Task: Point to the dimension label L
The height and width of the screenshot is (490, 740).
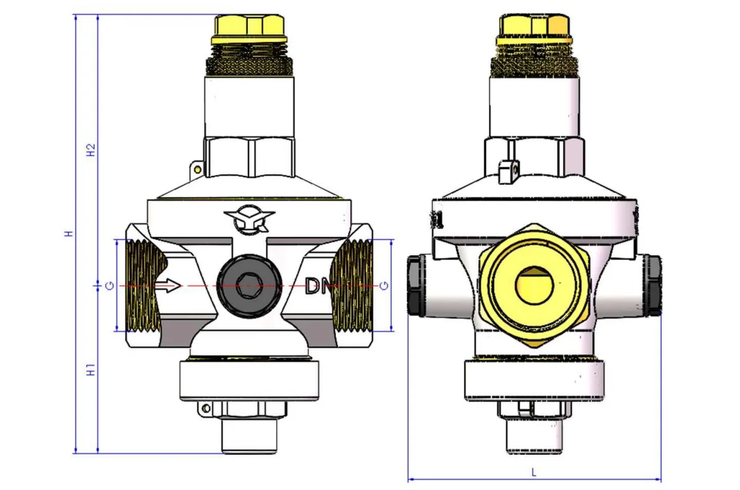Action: click(x=534, y=473)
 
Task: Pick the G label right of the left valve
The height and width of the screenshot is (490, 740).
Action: click(x=383, y=285)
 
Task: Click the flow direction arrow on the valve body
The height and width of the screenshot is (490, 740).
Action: click(x=169, y=285)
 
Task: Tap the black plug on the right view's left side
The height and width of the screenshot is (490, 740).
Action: click(x=417, y=285)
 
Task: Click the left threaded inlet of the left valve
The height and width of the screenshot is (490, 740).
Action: click(x=142, y=285)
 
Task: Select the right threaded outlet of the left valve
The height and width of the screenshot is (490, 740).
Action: click(x=353, y=285)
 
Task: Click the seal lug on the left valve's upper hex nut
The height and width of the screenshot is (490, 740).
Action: click(x=197, y=169)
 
